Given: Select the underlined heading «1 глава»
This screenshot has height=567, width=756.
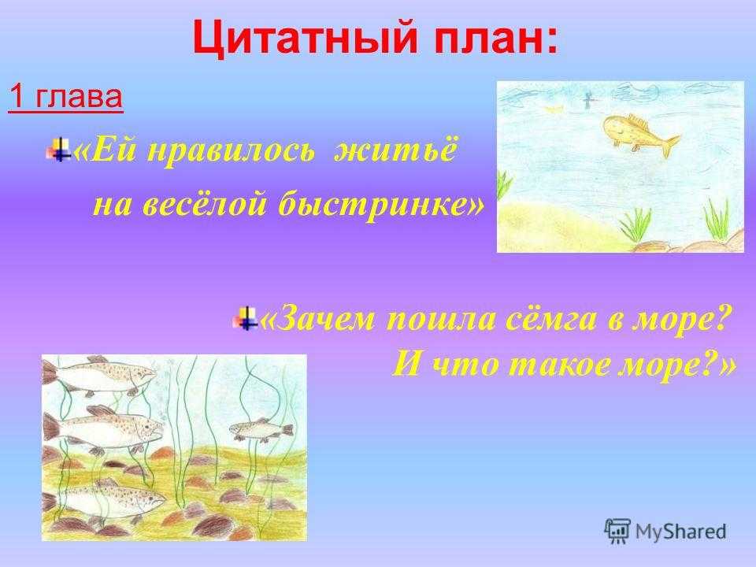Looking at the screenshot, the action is pos(65,97).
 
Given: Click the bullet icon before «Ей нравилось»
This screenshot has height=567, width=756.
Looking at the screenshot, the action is pos(58,150).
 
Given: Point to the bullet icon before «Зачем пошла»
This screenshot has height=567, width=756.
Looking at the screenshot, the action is pos(245,318).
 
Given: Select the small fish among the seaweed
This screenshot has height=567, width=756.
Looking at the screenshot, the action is pos(261,429).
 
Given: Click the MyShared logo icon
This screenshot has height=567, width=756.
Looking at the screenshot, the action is pos(617,532).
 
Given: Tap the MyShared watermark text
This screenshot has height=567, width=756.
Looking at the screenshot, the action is pos(680,532).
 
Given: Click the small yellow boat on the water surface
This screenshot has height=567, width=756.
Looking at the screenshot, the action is pos(554,109).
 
